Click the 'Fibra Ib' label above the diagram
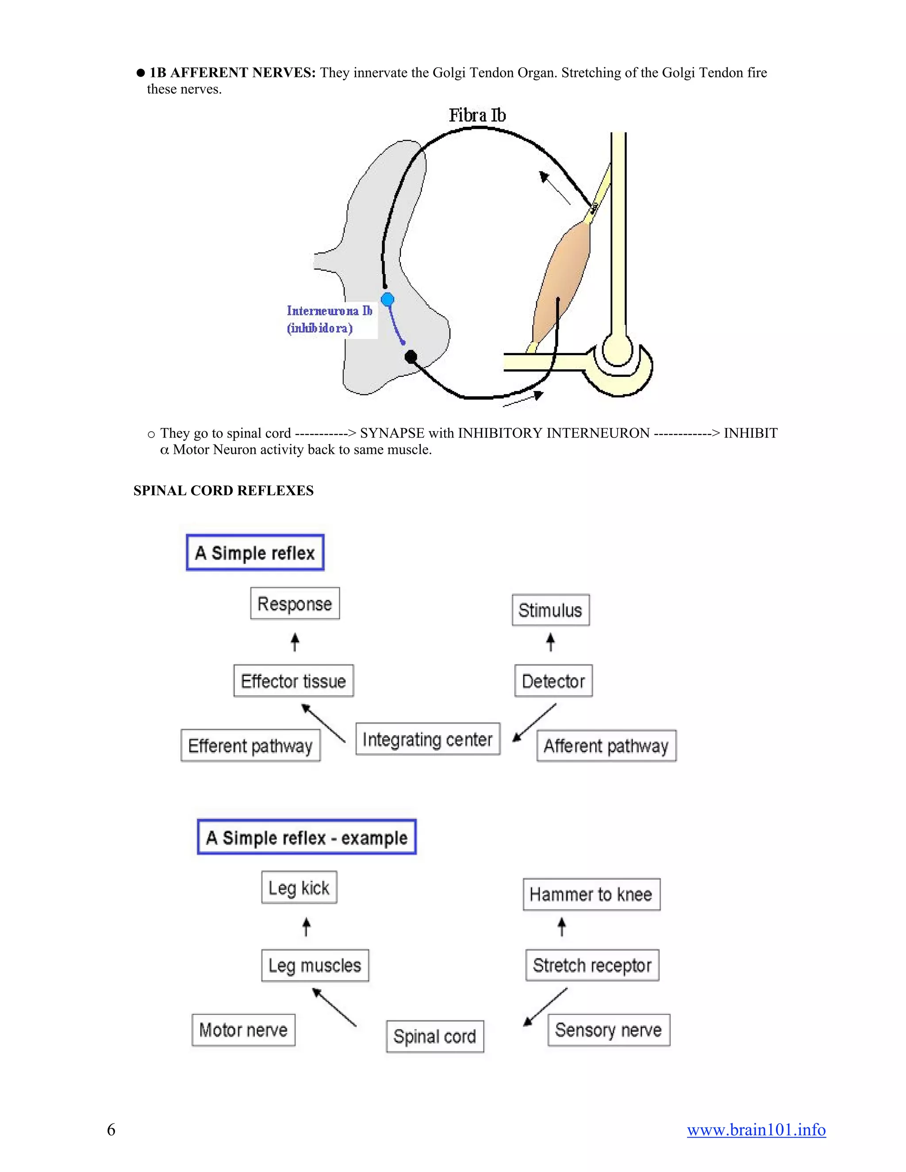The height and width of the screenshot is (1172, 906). [x=477, y=115]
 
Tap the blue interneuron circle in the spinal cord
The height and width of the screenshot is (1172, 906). [x=387, y=299]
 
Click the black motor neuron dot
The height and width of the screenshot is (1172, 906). [x=411, y=356]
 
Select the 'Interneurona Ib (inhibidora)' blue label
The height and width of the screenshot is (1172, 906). [x=329, y=319]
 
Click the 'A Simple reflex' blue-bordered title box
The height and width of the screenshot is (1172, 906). [x=255, y=553]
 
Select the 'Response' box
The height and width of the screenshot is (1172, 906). [x=295, y=604]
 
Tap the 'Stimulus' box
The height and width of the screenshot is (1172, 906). [x=550, y=610]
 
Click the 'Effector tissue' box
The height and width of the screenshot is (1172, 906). [x=294, y=681]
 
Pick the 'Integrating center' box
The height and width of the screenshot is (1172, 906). [x=428, y=739]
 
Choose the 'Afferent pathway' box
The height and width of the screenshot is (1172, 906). [x=607, y=746]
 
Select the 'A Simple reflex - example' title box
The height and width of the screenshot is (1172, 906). [x=307, y=837]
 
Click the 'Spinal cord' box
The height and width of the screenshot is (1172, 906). [x=435, y=1036]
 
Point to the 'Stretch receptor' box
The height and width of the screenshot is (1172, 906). [x=592, y=965]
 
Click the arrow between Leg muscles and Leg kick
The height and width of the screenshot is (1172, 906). [x=307, y=927]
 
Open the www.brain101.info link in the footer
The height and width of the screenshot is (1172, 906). [x=756, y=1130]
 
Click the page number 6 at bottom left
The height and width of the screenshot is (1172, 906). [x=111, y=1130]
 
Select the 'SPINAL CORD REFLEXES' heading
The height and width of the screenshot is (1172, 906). [x=223, y=490]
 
